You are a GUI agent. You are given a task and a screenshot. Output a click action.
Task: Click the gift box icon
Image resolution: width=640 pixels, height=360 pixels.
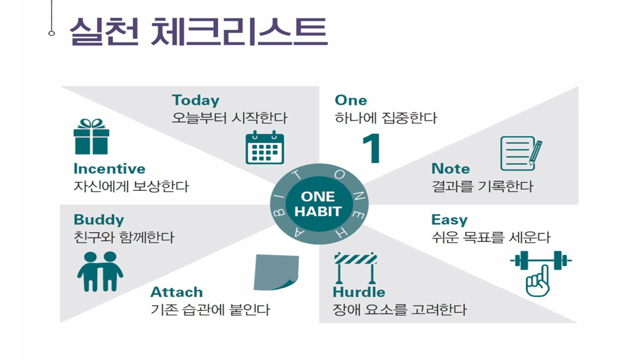point(91,136)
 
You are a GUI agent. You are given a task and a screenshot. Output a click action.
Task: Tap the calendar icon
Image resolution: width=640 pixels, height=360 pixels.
point(265,147)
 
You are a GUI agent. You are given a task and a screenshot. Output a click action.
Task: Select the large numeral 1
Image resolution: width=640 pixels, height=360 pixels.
point(371,148)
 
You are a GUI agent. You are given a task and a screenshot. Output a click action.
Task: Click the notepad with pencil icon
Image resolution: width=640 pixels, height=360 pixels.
point(521,153)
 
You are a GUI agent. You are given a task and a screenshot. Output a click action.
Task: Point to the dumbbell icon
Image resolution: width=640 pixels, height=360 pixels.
point(541,260)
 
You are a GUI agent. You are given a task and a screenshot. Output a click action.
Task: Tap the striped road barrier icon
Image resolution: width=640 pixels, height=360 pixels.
point(355,267)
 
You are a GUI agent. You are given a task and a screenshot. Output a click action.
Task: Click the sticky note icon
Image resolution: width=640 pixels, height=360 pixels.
point(276,272)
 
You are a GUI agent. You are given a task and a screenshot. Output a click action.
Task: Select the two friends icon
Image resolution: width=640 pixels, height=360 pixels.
point(100,271)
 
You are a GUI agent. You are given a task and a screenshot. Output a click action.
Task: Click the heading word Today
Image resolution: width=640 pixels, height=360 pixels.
point(195,100)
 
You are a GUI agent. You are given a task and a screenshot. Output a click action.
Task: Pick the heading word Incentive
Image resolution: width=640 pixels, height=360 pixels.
point(109,168)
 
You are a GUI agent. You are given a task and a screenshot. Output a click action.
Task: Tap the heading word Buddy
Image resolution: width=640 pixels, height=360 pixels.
point(99,219)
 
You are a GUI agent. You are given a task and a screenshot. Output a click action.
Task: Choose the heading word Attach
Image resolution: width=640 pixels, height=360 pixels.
point(176,292)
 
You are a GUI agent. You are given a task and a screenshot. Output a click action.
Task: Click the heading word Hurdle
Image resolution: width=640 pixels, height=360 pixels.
point(359,292)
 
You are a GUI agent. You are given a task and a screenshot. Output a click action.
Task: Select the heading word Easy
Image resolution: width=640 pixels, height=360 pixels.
point(449,220)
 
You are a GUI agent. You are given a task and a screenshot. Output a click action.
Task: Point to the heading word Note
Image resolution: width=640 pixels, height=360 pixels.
point(450,168)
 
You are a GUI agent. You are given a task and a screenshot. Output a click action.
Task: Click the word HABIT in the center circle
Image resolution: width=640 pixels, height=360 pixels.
point(318,211)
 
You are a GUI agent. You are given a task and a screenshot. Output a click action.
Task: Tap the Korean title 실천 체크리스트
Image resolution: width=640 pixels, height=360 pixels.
point(198,31)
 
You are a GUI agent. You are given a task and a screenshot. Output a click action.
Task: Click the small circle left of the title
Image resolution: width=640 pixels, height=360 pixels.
point(51,33)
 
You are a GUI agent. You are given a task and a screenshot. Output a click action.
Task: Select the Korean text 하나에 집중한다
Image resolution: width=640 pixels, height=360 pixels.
point(385,118)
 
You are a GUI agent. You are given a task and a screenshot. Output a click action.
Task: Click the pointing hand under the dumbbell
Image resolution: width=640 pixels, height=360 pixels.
point(537,281)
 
